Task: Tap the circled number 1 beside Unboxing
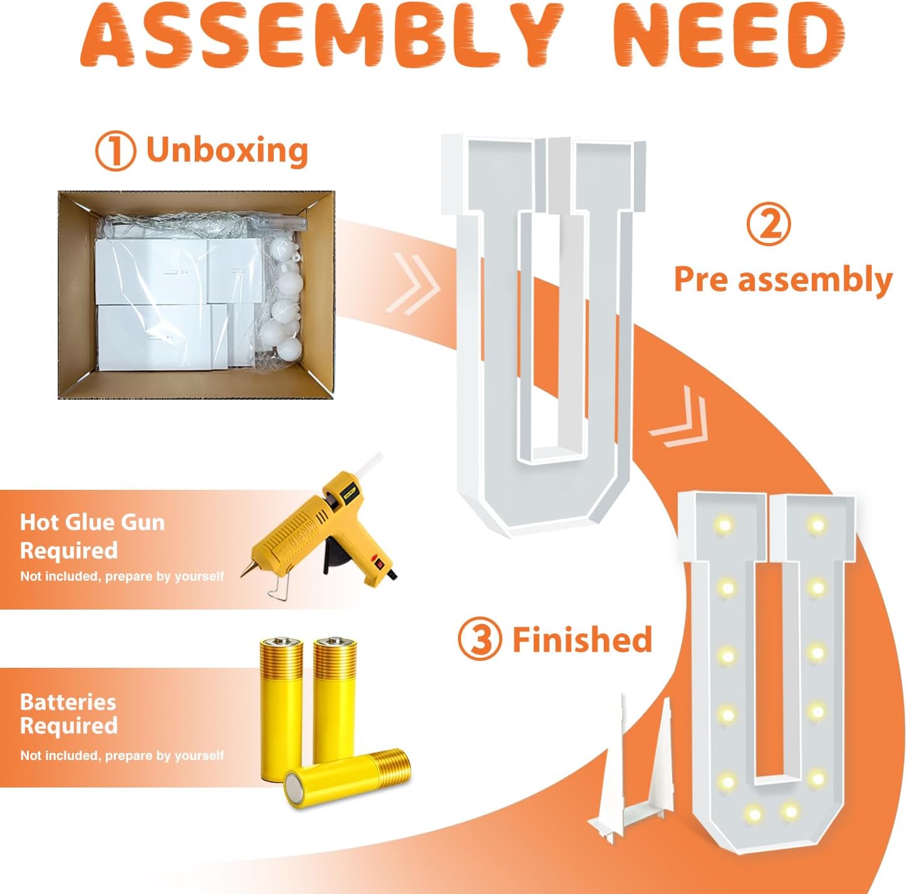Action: click(115, 151)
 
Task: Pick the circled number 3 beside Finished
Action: click(480, 640)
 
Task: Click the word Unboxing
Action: click(227, 150)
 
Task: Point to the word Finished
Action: click(583, 639)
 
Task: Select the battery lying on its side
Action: click(348, 777)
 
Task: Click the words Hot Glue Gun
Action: click(92, 522)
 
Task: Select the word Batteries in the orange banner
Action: click(68, 702)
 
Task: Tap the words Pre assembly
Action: click(783, 279)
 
